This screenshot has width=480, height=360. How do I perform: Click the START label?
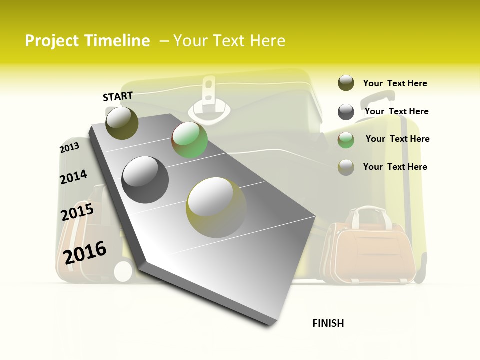(118, 96)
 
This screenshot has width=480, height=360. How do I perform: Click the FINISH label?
(328, 323)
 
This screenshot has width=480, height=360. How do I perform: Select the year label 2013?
(69, 148)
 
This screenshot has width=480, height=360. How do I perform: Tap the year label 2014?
(73, 177)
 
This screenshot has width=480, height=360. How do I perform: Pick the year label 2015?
(77, 212)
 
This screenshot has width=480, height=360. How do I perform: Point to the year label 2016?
(85, 252)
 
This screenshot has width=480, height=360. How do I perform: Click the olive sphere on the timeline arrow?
(122, 123)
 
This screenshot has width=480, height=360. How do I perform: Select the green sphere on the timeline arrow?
(189, 140)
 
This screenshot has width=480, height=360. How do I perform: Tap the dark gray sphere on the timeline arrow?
(145, 179)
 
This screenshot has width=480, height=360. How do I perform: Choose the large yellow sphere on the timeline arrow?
(216, 207)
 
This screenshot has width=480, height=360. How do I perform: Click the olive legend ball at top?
(346, 83)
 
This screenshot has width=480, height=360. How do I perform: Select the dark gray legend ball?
(346, 112)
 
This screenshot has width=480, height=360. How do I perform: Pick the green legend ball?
(346, 140)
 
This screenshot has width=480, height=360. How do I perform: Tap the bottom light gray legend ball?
(346, 167)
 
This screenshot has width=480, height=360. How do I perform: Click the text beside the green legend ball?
(397, 139)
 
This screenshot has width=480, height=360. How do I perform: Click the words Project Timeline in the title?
(87, 41)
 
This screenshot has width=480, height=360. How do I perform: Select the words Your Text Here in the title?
(229, 41)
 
